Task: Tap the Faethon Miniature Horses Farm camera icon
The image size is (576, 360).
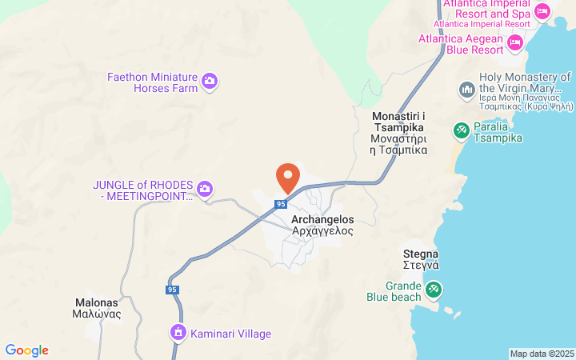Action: tap(210, 80)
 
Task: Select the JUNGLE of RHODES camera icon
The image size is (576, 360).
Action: tap(205, 189)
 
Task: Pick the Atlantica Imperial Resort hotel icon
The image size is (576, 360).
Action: tap(542, 11)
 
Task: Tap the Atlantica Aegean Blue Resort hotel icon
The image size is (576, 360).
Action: tap(514, 41)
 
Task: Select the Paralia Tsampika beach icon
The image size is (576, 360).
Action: tap(461, 129)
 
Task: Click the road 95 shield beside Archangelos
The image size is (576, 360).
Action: tap(280, 205)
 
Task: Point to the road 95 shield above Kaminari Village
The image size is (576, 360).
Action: tap(172, 290)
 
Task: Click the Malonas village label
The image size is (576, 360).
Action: tap(97, 308)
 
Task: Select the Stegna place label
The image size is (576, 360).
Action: tap(421, 259)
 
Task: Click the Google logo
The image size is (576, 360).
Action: tap(26, 350)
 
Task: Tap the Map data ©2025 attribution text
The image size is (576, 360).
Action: tap(542, 354)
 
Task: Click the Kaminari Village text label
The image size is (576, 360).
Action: tap(230, 334)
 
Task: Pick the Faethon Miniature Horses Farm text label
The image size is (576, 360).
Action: tap(152, 82)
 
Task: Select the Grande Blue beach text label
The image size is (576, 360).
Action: tap(393, 291)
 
